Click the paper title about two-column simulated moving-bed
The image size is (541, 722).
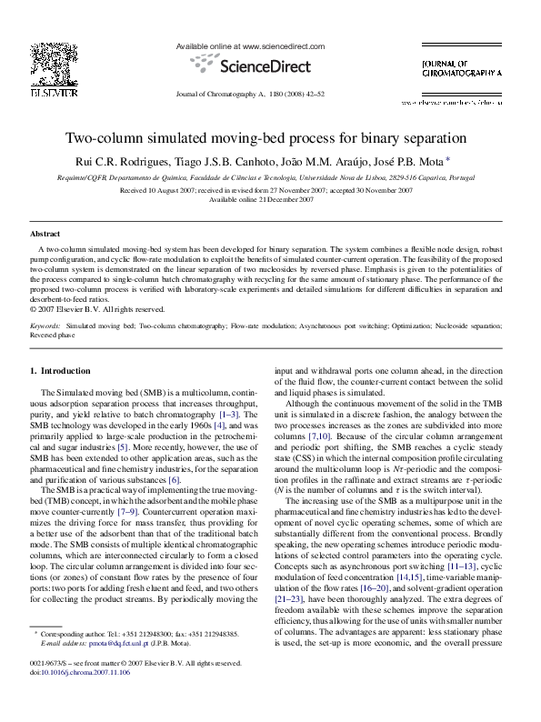click(x=270, y=139)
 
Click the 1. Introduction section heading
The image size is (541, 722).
click(x=61, y=371)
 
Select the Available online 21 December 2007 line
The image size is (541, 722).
click(x=270, y=199)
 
